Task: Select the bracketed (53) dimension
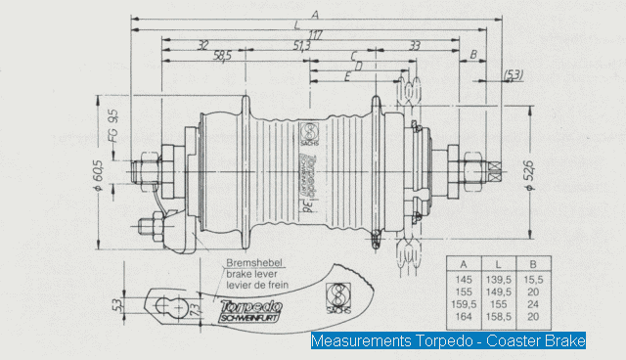click(513, 74)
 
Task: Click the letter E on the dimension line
click(348, 75)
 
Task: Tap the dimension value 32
click(202, 45)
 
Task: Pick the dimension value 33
click(416, 45)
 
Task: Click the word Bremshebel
click(251, 264)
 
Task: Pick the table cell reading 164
click(463, 317)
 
